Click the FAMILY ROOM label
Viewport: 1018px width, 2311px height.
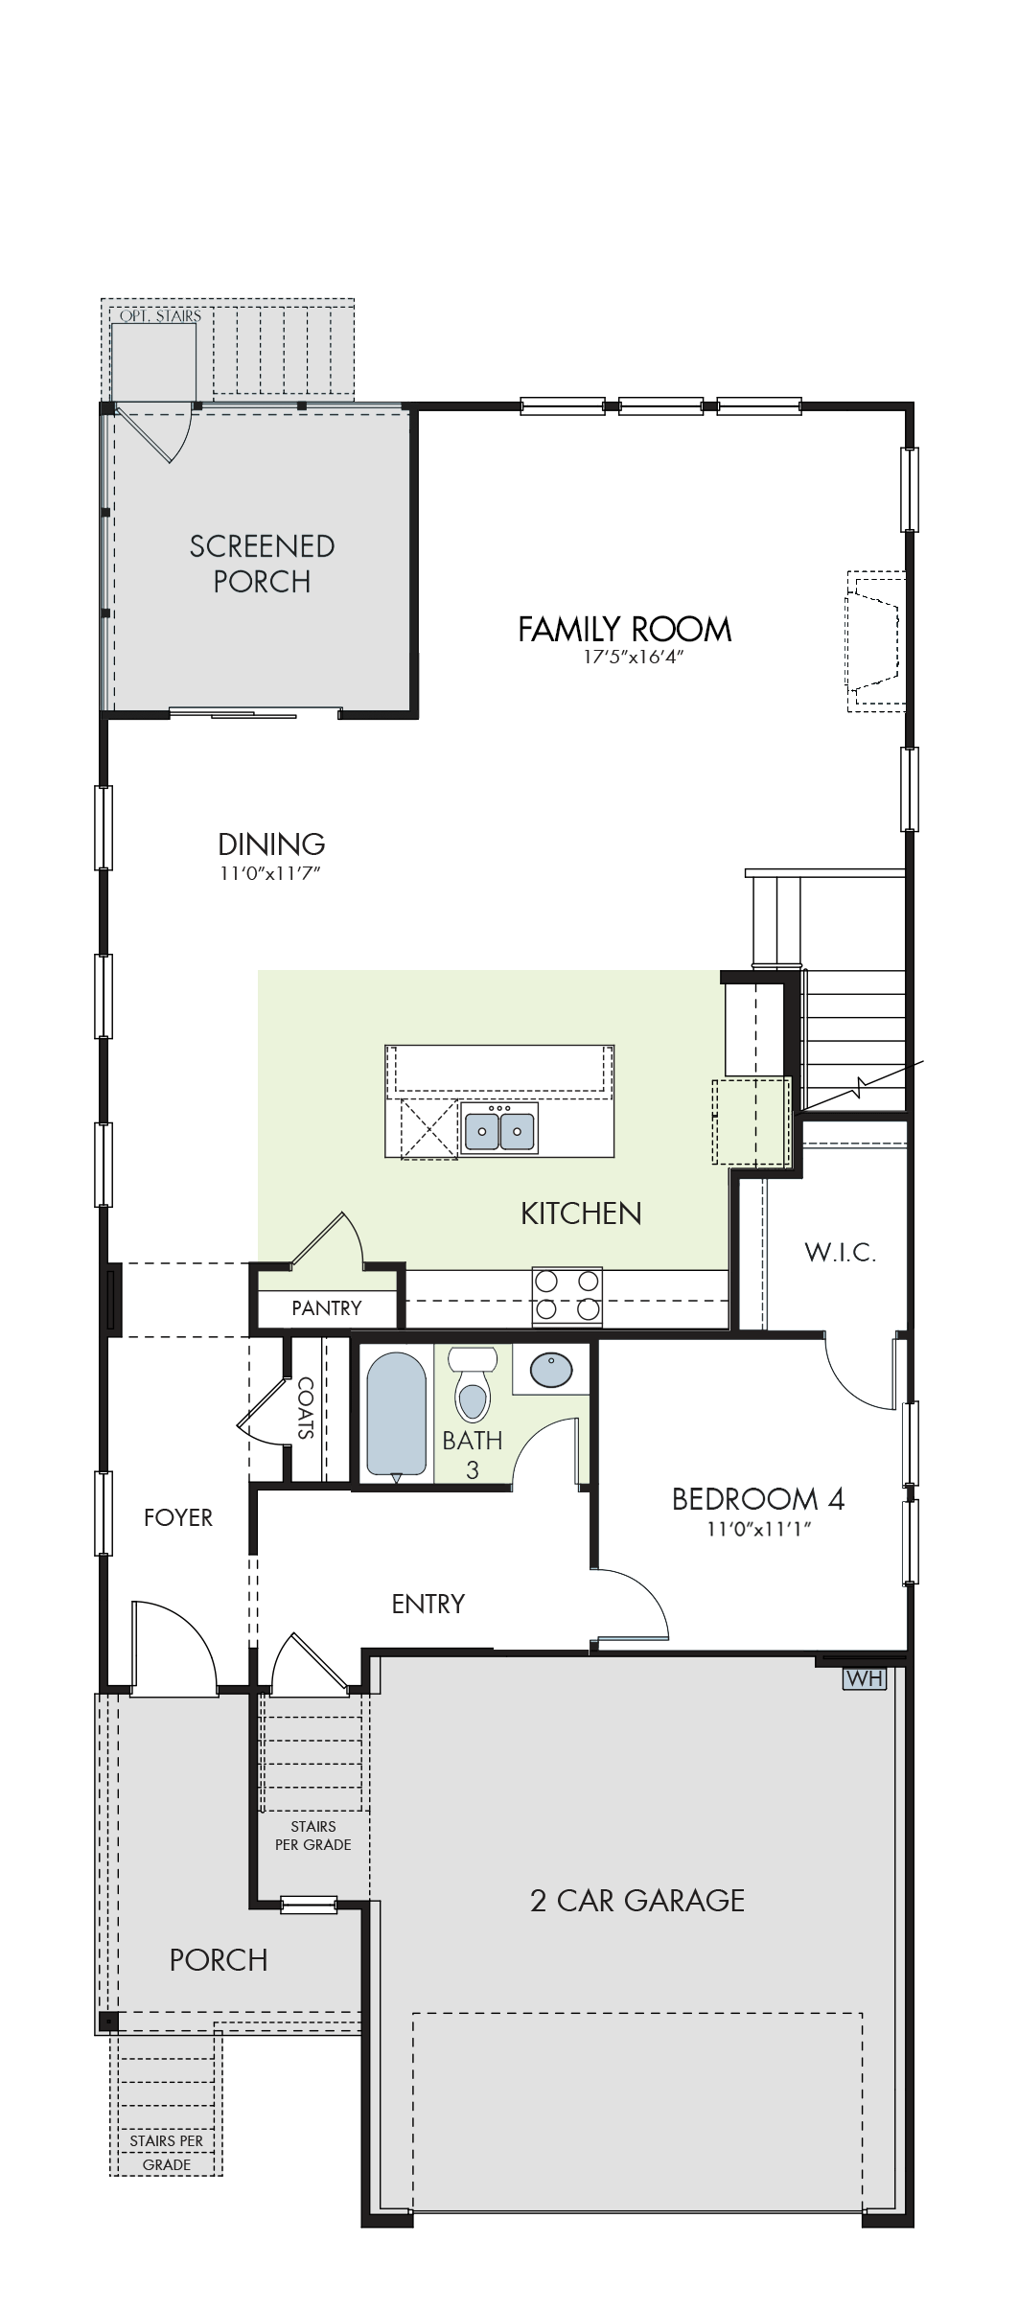[625, 630]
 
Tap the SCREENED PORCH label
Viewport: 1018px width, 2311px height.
[262, 564]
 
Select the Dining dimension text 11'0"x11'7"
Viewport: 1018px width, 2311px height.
[271, 873]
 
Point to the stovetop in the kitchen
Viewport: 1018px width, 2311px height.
[567, 1297]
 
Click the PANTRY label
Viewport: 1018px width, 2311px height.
[327, 1308]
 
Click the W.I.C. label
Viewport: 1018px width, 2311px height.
[840, 1252]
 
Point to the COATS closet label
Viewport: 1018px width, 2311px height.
[306, 1408]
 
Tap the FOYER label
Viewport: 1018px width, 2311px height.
[178, 1517]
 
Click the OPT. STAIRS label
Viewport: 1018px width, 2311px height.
[161, 315]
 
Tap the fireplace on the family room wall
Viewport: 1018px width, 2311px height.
[874, 640]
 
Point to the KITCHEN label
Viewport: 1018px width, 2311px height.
[581, 1213]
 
